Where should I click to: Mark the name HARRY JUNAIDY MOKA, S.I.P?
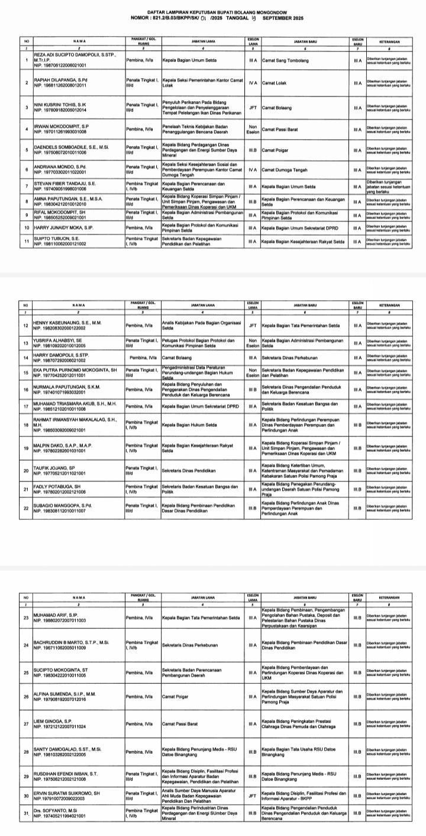(x=62, y=227)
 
